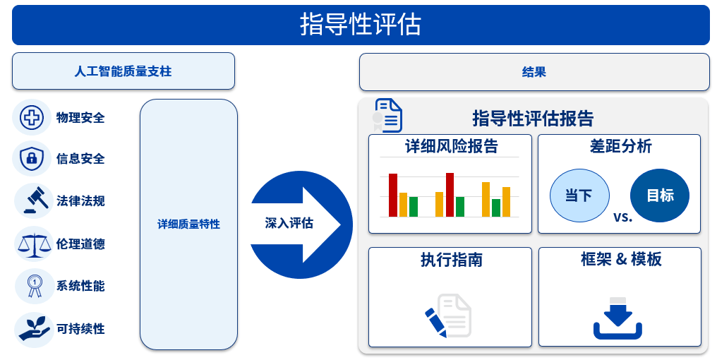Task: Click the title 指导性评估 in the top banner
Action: pos(361,25)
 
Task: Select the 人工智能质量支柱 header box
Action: pos(123,71)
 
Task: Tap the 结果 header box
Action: pos(534,72)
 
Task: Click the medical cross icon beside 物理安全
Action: pos(32,117)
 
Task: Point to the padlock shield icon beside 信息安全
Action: pos(32,158)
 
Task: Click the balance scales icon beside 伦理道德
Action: pos(33,244)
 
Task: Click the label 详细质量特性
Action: pos(188,224)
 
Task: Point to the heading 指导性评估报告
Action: pos(533,118)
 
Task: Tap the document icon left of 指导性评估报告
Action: pos(387,115)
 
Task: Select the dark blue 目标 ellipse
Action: pos(660,196)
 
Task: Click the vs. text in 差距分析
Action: pos(622,216)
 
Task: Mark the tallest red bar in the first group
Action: pos(393,195)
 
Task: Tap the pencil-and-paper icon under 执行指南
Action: pos(448,316)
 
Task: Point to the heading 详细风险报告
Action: pos(451,147)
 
